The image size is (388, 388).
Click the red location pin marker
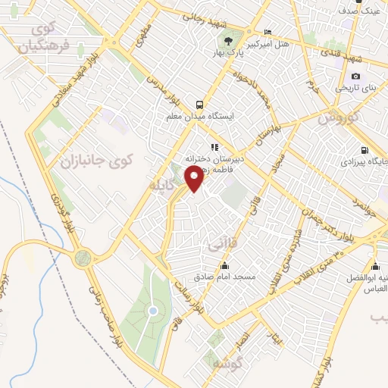click(195, 180)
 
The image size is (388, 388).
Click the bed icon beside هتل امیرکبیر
click(268, 32)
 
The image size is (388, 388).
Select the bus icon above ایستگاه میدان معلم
click(199, 105)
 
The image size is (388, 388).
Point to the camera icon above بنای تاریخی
click(356, 76)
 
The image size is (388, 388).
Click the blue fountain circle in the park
click(153, 311)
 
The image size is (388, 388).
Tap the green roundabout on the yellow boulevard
click(83, 258)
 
